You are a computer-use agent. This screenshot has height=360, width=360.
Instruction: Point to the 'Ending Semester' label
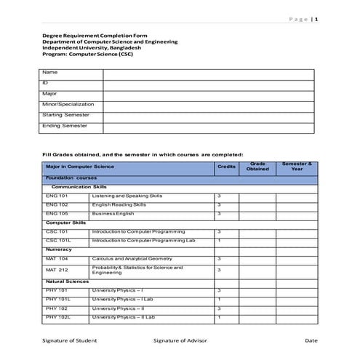click(x=65, y=126)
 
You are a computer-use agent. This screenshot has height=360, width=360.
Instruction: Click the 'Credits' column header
click(x=226, y=167)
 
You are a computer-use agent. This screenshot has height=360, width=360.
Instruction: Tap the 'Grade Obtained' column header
click(x=257, y=167)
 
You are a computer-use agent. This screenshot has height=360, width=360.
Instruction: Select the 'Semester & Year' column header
click(x=297, y=167)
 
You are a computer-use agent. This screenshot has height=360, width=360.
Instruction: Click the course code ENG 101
click(x=56, y=196)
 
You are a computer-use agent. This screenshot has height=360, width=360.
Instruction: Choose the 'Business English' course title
click(x=113, y=214)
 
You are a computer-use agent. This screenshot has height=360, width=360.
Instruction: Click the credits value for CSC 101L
click(x=219, y=240)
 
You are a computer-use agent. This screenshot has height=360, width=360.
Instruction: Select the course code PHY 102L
click(x=57, y=317)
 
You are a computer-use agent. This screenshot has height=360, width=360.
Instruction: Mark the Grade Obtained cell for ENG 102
click(x=257, y=205)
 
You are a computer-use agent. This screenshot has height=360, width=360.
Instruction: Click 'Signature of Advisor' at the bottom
click(x=180, y=340)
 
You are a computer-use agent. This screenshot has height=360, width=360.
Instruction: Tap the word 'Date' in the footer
click(x=311, y=340)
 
